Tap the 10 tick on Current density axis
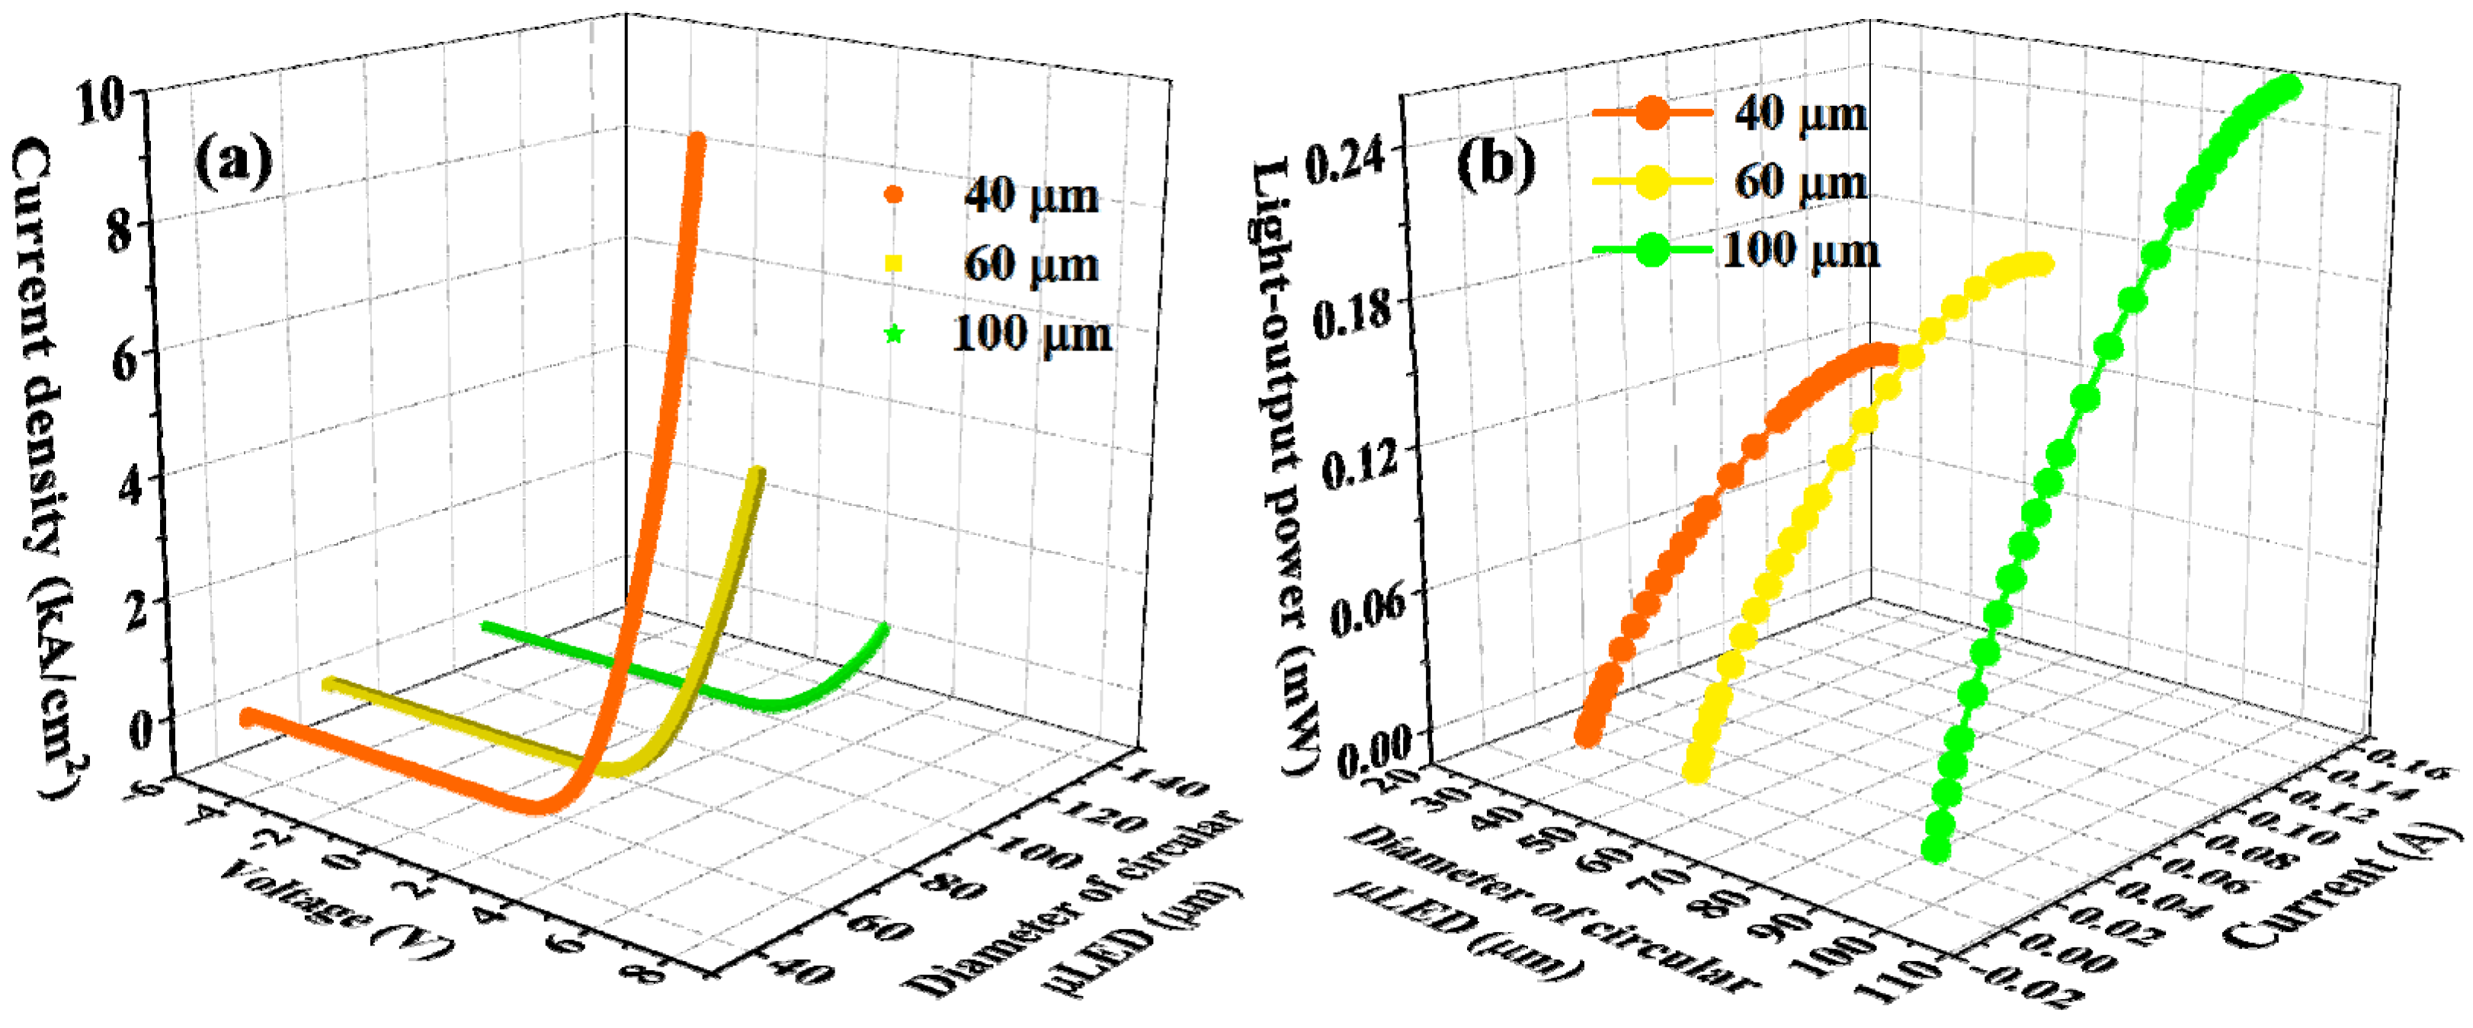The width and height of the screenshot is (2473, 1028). (x=100, y=101)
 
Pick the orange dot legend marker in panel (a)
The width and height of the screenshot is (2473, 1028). (x=894, y=195)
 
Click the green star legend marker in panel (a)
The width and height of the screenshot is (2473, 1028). (x=894, y=334)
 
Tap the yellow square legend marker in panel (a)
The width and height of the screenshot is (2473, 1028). (x=894, y=263)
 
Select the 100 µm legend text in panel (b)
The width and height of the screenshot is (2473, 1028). (x=1801, y=251)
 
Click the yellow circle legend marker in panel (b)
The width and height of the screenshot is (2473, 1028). (x=1652, y=181)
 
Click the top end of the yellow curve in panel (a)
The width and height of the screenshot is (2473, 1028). (x=758, y=472)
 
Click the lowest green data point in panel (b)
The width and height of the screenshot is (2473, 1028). (x=1936, y=848)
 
